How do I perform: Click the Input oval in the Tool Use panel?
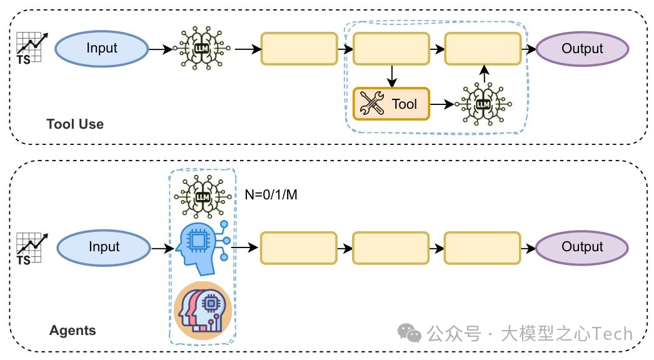[101, 49]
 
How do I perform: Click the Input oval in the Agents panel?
[104, 247]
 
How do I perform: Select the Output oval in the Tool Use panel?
[582, 49]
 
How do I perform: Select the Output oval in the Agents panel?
[582, 247]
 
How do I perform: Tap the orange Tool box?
[392, 104]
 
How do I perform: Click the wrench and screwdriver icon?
[372, 104]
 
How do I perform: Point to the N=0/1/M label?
[271, 195]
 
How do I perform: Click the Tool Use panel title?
[75, 124]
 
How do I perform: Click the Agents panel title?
[73, 330]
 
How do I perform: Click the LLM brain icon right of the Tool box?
[483, 104]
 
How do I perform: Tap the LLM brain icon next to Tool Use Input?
[201, 48]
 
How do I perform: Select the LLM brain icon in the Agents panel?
[202, 196]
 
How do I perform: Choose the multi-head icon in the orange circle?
[203, 311]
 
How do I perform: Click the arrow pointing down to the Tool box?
[392, 76]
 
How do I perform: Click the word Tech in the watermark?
[612, 334]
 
